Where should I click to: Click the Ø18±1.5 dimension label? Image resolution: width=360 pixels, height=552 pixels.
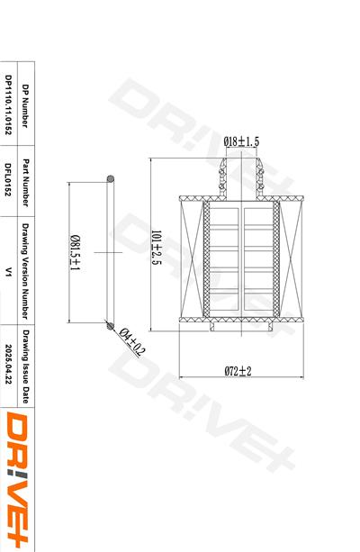[x=241, y=141]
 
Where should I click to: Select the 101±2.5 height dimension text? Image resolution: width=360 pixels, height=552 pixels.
[x=157, y=248]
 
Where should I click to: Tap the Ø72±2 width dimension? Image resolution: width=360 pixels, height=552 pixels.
[x=238, y=371]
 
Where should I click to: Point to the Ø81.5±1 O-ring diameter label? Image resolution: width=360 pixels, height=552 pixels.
[x=75, y=252]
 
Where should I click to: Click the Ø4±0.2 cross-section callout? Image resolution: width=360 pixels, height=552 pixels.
[x=131, y=342]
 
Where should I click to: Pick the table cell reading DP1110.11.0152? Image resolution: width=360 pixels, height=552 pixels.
[x=8, y=104]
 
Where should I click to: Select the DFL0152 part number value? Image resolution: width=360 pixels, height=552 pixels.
[x=8, y=179]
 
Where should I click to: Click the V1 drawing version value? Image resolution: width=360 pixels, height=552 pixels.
[x=8, y=271]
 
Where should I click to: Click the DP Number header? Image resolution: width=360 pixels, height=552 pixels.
[x=25, y=105]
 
